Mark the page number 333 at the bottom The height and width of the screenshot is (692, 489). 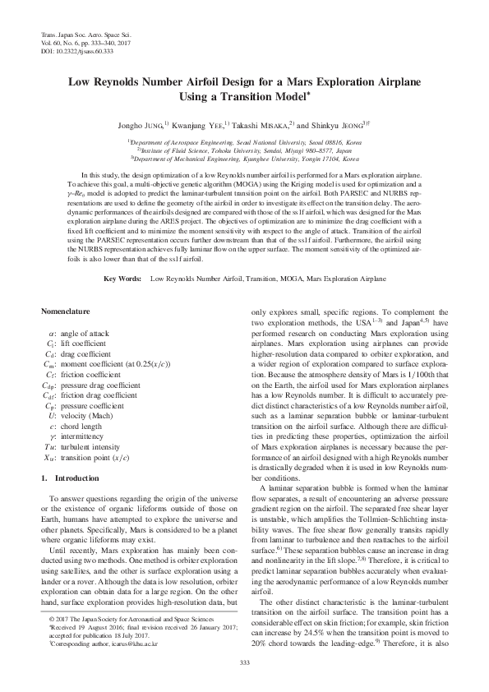pyautogui.click(x=244, y=662)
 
